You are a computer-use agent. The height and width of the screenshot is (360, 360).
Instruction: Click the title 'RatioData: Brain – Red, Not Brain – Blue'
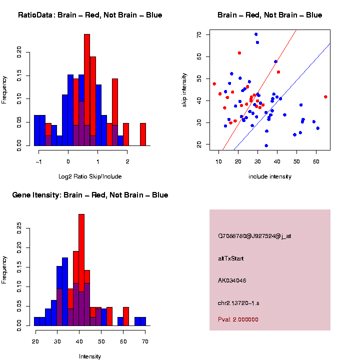pos(90,15)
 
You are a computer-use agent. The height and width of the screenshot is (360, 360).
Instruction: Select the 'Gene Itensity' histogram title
pos(90,194)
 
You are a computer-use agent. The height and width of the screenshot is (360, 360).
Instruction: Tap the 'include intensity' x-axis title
pos(270,176)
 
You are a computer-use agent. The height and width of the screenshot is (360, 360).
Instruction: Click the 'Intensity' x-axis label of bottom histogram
pos(90,356)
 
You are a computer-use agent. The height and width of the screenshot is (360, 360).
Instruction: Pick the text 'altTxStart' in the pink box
pos(231,258)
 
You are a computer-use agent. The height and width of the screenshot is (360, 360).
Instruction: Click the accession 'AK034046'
pos(232,280)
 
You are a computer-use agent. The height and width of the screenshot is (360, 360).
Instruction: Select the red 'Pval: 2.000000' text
pos(238,319)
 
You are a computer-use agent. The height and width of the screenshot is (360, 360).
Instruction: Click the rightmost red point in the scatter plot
pos(325,97)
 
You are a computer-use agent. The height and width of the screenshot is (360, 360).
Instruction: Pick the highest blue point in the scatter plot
pos(256,34)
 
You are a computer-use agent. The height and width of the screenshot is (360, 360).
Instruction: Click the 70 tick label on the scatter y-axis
pos(199,34)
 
